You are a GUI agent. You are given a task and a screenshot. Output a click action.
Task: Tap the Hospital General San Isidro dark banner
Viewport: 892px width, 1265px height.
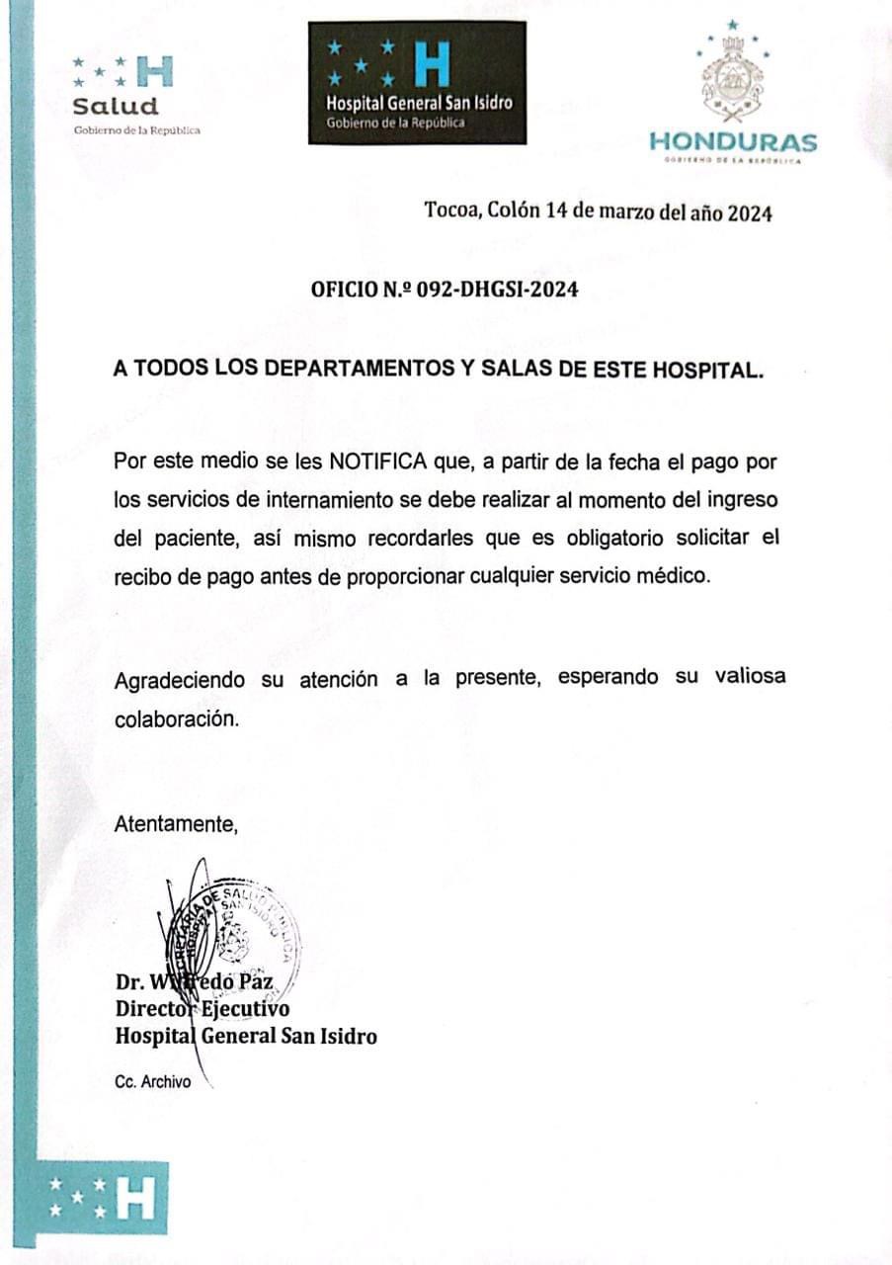[417, 83]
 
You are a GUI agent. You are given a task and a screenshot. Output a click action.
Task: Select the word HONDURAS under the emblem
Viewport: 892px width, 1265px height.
[733, 142]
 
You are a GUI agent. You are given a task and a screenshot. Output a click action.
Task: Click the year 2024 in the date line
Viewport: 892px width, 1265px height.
[750, 211]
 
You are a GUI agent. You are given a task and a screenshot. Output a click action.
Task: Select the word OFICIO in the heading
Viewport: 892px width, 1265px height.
[344, 290]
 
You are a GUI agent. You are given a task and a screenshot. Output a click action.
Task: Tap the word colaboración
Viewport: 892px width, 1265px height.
[177, 718]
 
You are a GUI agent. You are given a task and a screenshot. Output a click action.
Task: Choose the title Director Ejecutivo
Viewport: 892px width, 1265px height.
[203, 1010]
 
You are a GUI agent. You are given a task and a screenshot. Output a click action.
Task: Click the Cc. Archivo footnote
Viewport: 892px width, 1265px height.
[153, 1082]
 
